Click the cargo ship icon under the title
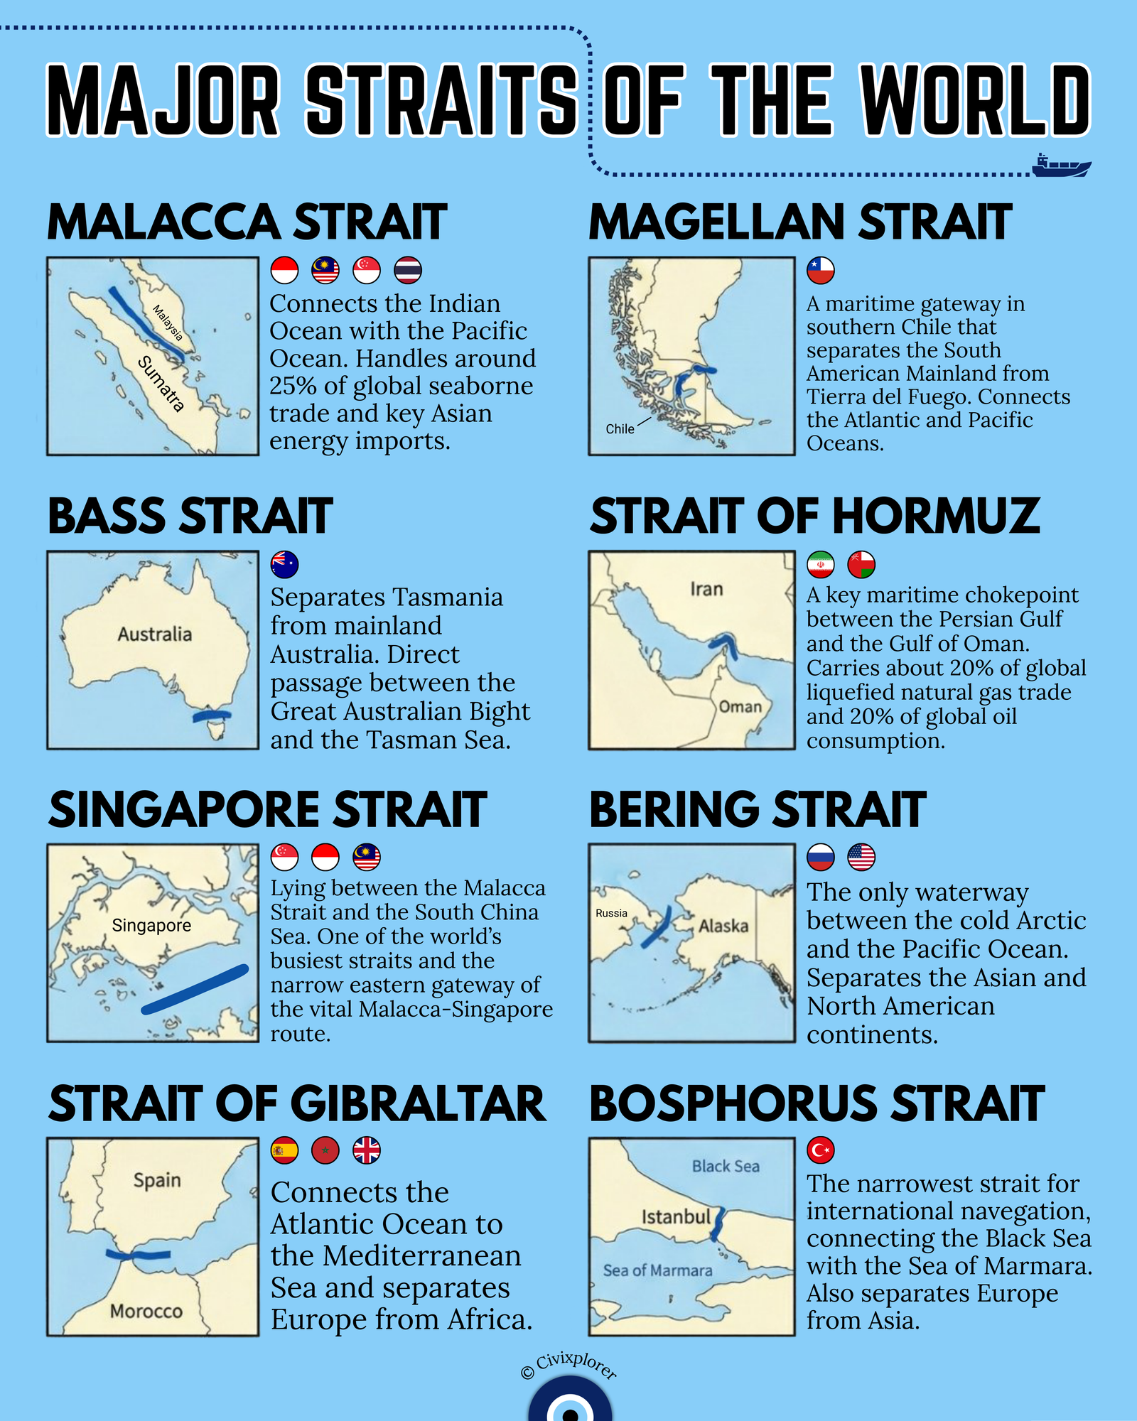[x=1061, y=166]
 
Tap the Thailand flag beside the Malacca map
[x=408, y=271]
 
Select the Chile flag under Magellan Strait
[x=820, y=271]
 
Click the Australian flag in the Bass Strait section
[x=284, y=565]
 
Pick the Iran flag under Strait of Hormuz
[x=820, y=565]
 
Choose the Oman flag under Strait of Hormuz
[x=861, y=565]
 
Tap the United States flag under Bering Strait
[x=861, y=858]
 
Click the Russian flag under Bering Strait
[x=820, y=858]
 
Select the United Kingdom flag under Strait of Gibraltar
[x=367, y=1150]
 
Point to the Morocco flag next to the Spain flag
[x=325, y=1150]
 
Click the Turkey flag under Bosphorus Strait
[x=820, y=1150]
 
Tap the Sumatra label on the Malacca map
[x=161, y=384]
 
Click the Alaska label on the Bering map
[x=723, y=926]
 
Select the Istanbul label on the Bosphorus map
[x=676, y=1217]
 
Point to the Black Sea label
[x=726, y=1167]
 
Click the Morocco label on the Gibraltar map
[x=146, y=1311]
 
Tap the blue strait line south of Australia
[x=212, y=715]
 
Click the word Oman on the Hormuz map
[x=740, y=707]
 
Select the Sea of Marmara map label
[x=657, y=1270]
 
